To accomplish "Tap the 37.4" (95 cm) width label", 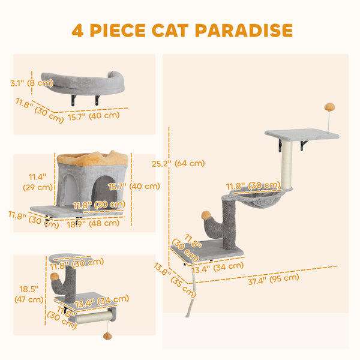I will pyautogui.click(x=273, y=277).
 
